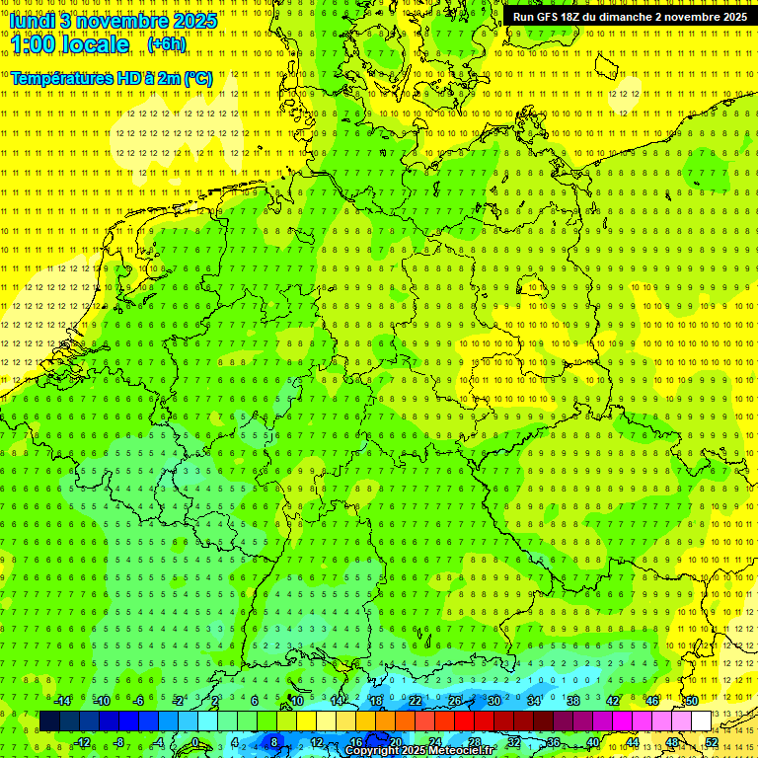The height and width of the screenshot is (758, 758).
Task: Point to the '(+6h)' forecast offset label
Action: tap(166, 44)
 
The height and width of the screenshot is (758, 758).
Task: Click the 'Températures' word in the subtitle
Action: tap(61, 78)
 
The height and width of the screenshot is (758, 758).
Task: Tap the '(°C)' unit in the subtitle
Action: tap(197, 78)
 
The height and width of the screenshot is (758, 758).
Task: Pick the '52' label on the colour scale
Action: tap(712, 742)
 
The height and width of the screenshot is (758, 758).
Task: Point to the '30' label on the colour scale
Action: tap(493, 701)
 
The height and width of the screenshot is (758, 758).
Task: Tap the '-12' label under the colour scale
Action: tap(82, 742)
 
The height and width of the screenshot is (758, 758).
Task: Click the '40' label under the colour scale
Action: tap(592, 742)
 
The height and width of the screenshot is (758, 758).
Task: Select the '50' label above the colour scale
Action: tap(691, 701)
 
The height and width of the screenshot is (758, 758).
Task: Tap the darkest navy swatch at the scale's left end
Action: tap(49, 721)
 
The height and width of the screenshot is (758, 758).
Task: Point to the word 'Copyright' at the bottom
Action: tap(372, 751)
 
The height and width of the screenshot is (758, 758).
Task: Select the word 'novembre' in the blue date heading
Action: tap(124, 21)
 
